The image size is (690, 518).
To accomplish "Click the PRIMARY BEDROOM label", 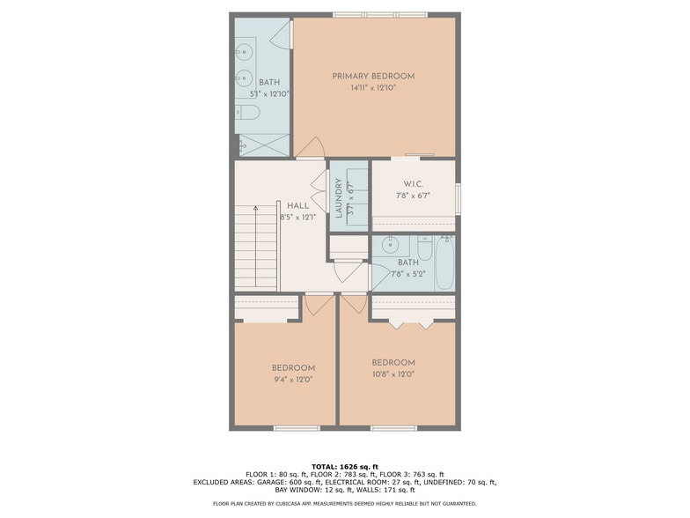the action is point(373,76).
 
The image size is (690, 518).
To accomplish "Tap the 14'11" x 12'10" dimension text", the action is point(373,88).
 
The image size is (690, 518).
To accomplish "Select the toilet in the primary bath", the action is point(246,113).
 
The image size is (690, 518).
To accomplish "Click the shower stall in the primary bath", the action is point(264,144).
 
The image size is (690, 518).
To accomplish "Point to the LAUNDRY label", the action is point(339,197).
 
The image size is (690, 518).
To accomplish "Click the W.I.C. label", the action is point(414,183).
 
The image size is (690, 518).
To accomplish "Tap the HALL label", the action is point(297,206).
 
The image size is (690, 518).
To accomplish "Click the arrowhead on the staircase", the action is point(255,208).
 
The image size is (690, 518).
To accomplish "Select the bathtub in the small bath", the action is point(445,263).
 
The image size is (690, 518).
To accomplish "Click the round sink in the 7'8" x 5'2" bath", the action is point(390,245).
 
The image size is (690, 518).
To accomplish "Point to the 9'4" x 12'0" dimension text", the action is point(293,379).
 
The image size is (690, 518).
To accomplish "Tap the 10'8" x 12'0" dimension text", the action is point(393,374).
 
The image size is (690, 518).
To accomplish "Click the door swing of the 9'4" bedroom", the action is point(319,306).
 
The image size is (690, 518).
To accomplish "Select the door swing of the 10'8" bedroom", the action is point(354,305).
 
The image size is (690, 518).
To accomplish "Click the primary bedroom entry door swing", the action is point(312,148).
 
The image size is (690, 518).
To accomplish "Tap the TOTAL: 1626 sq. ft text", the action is point(345,467).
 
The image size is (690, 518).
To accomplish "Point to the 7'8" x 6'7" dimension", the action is point(412,196).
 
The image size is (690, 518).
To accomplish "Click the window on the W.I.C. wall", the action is point(458,199).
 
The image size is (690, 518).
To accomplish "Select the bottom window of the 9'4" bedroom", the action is point(297,428).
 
